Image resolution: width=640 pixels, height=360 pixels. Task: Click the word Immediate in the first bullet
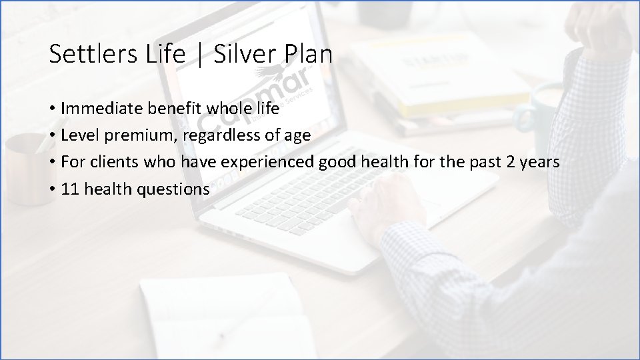98,108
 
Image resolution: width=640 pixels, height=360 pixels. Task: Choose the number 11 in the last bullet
69,189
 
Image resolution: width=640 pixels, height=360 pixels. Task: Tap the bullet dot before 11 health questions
52,189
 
